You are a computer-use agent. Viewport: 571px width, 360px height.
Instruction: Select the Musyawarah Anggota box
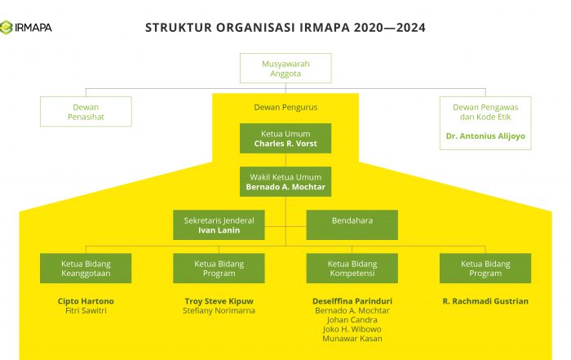285,68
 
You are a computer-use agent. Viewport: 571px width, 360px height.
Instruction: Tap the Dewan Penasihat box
86,112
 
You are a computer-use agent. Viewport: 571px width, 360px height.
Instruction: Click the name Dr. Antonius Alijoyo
485,135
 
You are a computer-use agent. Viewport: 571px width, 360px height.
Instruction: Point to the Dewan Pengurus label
285,107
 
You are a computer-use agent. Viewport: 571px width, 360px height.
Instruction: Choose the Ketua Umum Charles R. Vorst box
285,138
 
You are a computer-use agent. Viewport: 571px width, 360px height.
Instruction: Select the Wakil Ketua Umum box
285,181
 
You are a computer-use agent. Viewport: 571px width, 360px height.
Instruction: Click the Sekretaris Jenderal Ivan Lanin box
219,224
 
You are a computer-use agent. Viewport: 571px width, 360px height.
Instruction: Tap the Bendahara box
352,224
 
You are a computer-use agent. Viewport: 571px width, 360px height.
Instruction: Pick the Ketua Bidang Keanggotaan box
86,269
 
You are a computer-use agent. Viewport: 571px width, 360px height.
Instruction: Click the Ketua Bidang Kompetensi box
352,269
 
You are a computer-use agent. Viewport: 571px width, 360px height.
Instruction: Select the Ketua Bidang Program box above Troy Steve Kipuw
219,269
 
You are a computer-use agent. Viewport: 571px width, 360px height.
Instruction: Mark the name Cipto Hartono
86,301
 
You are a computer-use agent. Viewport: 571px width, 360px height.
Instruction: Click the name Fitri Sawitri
86,311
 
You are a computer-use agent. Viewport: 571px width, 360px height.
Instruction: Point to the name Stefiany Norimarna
219,311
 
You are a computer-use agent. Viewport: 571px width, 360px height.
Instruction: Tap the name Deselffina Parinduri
352,301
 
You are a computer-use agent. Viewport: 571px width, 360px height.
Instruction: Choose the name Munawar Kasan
352,339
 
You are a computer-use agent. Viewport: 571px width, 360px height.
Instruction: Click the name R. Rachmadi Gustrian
485,301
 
